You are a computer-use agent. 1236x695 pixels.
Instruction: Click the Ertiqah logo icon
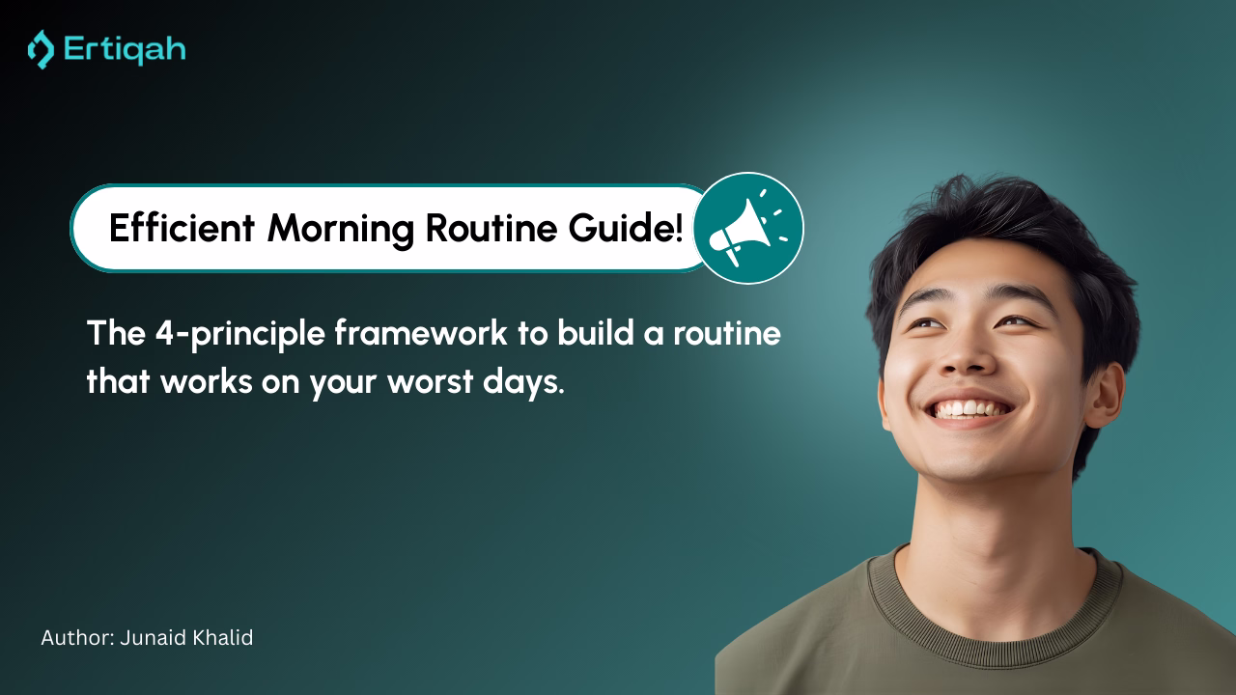(41, 49)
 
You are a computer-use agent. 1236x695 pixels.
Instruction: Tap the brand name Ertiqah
(125, 50)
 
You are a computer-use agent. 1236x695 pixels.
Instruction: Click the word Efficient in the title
(182, 227)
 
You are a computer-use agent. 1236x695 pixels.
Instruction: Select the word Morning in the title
(341, 230)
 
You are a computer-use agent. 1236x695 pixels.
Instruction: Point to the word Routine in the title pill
(492, 227)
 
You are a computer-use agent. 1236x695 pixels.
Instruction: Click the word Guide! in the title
(626, 229)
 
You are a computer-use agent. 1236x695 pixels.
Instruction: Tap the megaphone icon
(748, 229)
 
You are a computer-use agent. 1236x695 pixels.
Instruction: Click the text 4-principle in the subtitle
(240, 335)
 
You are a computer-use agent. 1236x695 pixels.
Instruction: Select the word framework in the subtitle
(421, 333)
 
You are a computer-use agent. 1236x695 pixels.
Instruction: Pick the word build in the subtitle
(596, 333)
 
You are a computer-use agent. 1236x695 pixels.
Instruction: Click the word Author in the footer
(77, 638)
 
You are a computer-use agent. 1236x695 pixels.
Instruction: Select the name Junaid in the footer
(153, 638)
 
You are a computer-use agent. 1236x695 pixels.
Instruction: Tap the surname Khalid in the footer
(222, 638)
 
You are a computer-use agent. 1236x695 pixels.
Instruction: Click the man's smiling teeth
(969, 409)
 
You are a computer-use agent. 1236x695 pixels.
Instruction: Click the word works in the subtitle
(207, 381)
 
